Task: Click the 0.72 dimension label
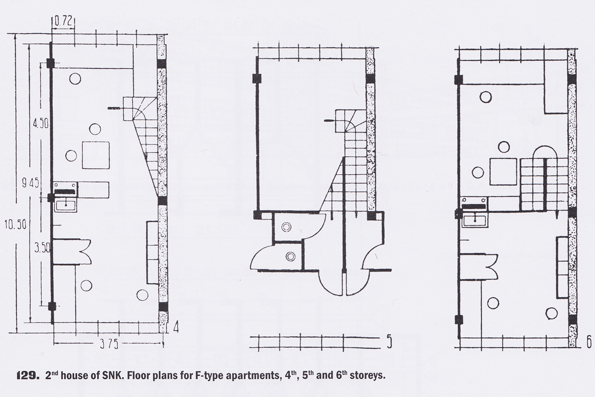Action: [63, 21]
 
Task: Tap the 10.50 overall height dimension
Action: [16, 225]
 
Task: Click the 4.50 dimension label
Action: [41, 123]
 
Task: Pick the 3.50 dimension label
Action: [42, 249]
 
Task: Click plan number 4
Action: [176, 328]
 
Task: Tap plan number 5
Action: [389, 343]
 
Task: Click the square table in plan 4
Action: [96, 155]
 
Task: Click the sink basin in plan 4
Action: [65, 205]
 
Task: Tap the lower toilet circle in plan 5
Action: [290, 256]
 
